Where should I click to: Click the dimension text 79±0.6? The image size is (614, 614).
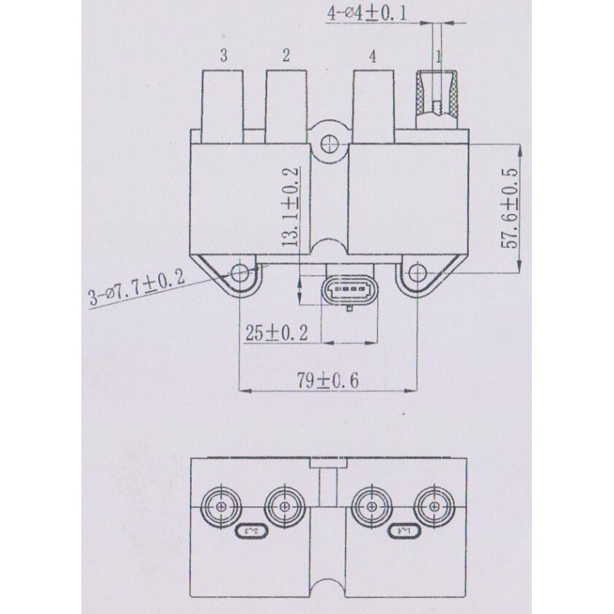click(x=328, y=379)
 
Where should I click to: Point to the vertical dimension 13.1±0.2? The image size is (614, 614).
click(x=290, y=208)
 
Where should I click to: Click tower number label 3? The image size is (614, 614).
click(x=223, y=55)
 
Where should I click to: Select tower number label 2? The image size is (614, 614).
click(x=286, y=55)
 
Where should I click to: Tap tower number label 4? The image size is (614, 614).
click(x=372, y=56)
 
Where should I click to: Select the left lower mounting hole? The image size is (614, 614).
click(x=241, y=272)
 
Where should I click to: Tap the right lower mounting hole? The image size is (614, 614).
click(x=417, y=272)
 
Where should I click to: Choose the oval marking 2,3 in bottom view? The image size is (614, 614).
click(x=249, y=530)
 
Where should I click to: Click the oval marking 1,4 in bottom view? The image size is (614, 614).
click(x=402, y=530)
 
